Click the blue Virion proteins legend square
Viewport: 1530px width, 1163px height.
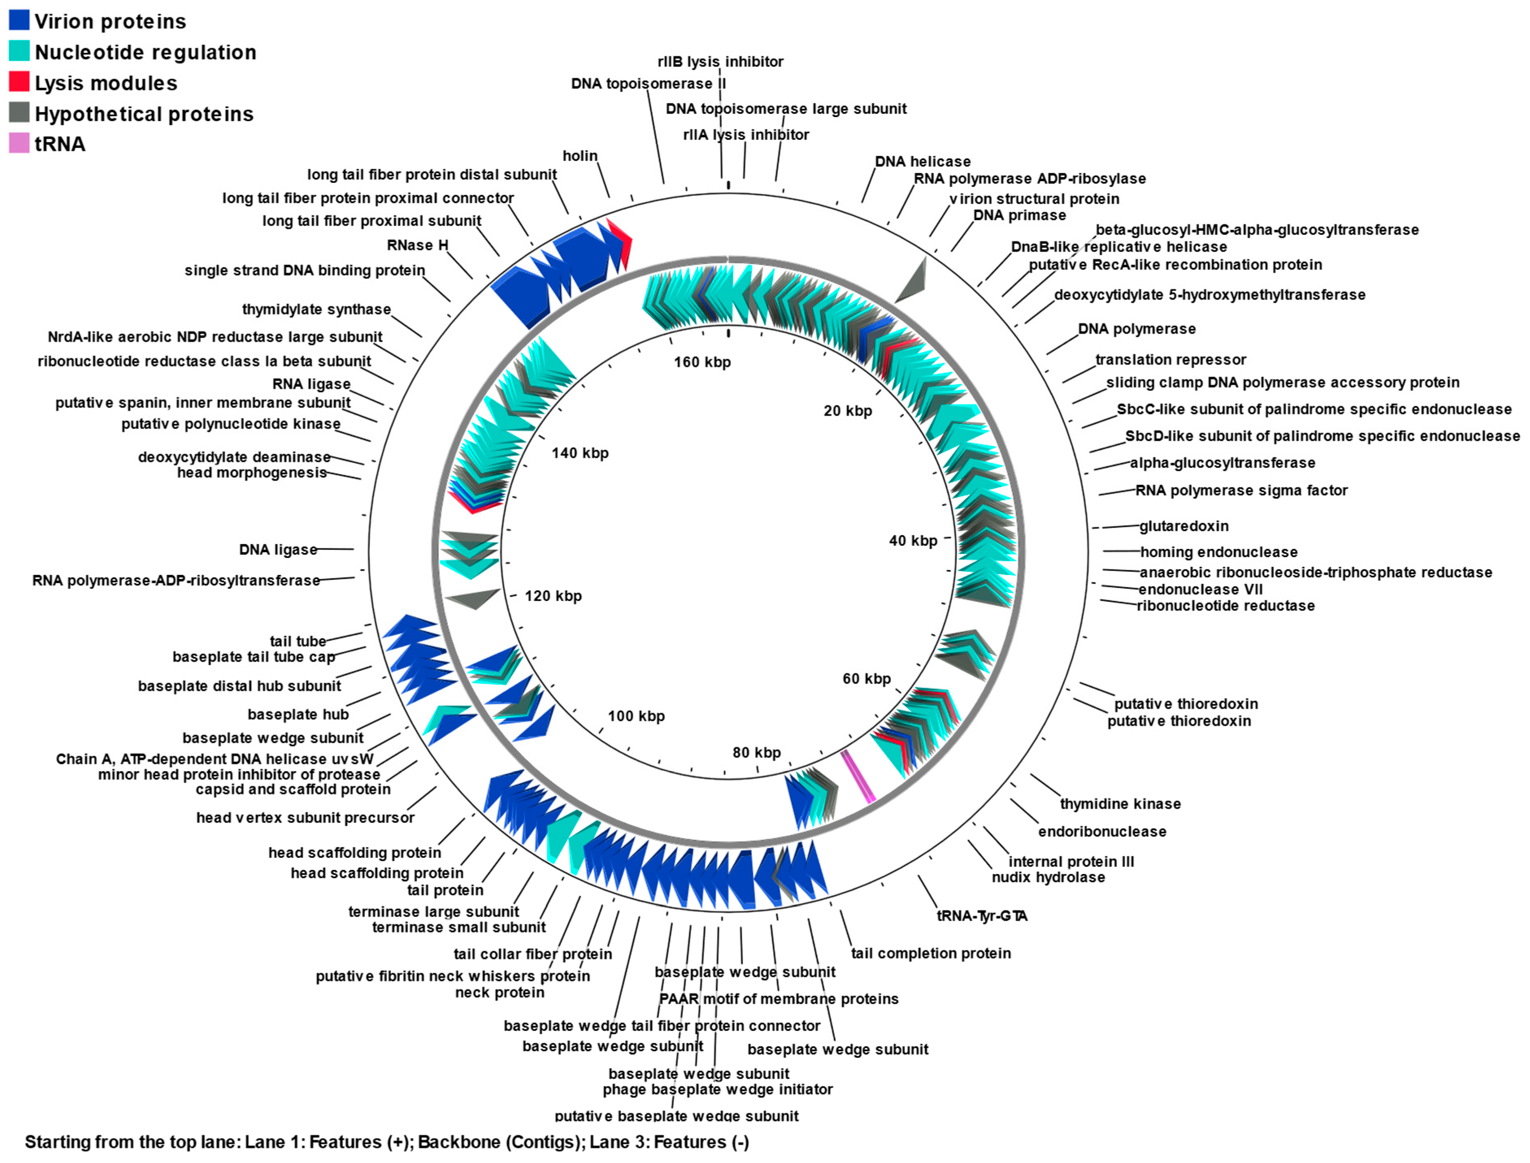19,20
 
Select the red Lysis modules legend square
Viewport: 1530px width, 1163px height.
19,82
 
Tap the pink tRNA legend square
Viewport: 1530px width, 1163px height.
19,143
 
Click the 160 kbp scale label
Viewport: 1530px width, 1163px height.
702,362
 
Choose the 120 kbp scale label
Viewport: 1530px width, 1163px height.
553,596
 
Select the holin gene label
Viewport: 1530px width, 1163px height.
580,156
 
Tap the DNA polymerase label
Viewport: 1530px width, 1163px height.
1136,329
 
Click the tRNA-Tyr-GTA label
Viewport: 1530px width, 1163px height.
982,916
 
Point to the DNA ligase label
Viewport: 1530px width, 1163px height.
278,550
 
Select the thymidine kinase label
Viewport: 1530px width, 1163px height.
1120,804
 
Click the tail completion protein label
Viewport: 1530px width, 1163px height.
930,953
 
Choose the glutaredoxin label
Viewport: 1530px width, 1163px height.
1184,526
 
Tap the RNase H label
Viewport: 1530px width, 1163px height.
417,245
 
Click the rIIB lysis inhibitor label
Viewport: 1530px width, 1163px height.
720,62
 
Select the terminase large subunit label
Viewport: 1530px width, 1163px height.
433,912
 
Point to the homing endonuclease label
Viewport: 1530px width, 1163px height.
1219,552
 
